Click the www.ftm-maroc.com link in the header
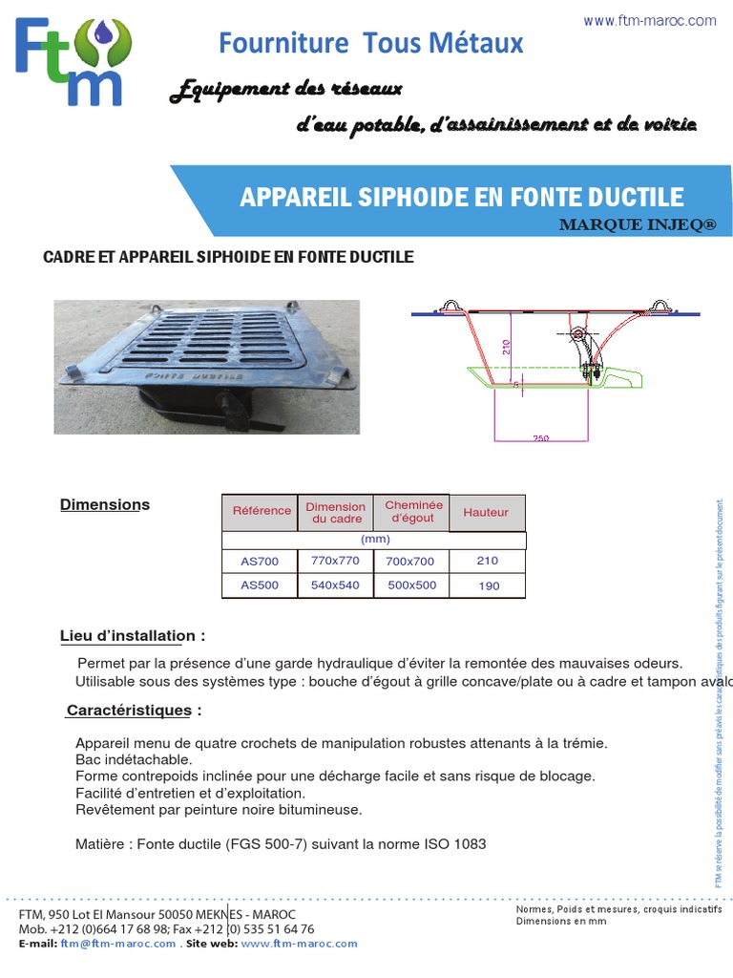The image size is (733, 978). [649, 20]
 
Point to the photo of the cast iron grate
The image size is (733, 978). [206, 367]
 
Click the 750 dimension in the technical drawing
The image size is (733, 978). [541, 438]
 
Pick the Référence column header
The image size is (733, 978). [262, 511]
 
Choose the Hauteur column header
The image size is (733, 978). [486, 513]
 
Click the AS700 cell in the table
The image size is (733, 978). [260, 562]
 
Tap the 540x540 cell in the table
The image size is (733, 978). [335, 585]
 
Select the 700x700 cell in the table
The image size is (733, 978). [410, 562]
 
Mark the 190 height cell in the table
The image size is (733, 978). [488, 585]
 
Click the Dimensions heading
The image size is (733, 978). [105, 504]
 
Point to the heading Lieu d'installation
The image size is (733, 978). [132, 635]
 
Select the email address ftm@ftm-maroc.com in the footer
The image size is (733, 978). [118, 944]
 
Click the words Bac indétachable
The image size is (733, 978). [134, 759]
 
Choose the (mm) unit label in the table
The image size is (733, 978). [374, 540]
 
